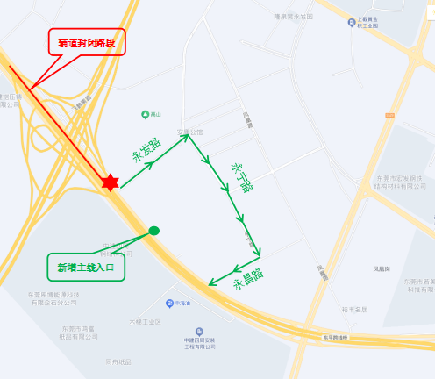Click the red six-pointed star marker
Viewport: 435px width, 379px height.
pos(110,182)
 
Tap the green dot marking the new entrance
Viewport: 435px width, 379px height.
pos(154,231)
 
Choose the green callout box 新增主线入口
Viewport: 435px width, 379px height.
pos(86,267)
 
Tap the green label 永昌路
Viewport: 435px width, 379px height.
pos(248,282)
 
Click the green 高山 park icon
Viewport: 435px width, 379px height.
pos(146,114)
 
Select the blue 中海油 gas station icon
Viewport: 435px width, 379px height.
pos(169,304)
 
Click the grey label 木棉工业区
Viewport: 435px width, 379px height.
pos(146,322)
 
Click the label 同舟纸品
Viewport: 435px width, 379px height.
pos(118,361)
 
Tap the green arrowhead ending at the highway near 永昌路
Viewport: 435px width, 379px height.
pos(211,283)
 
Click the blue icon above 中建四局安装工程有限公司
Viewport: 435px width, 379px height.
pos(200,331)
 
